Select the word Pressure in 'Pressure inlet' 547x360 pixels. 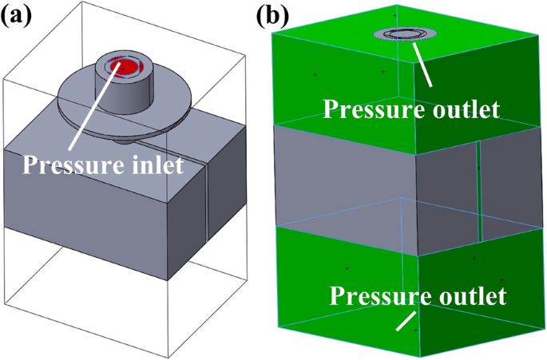pyautogui.click(x=68, y=166)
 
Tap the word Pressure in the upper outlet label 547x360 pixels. pyautogui.click(x=366, y=108)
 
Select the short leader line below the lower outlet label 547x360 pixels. pyautogui.click(x=405, y=321)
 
